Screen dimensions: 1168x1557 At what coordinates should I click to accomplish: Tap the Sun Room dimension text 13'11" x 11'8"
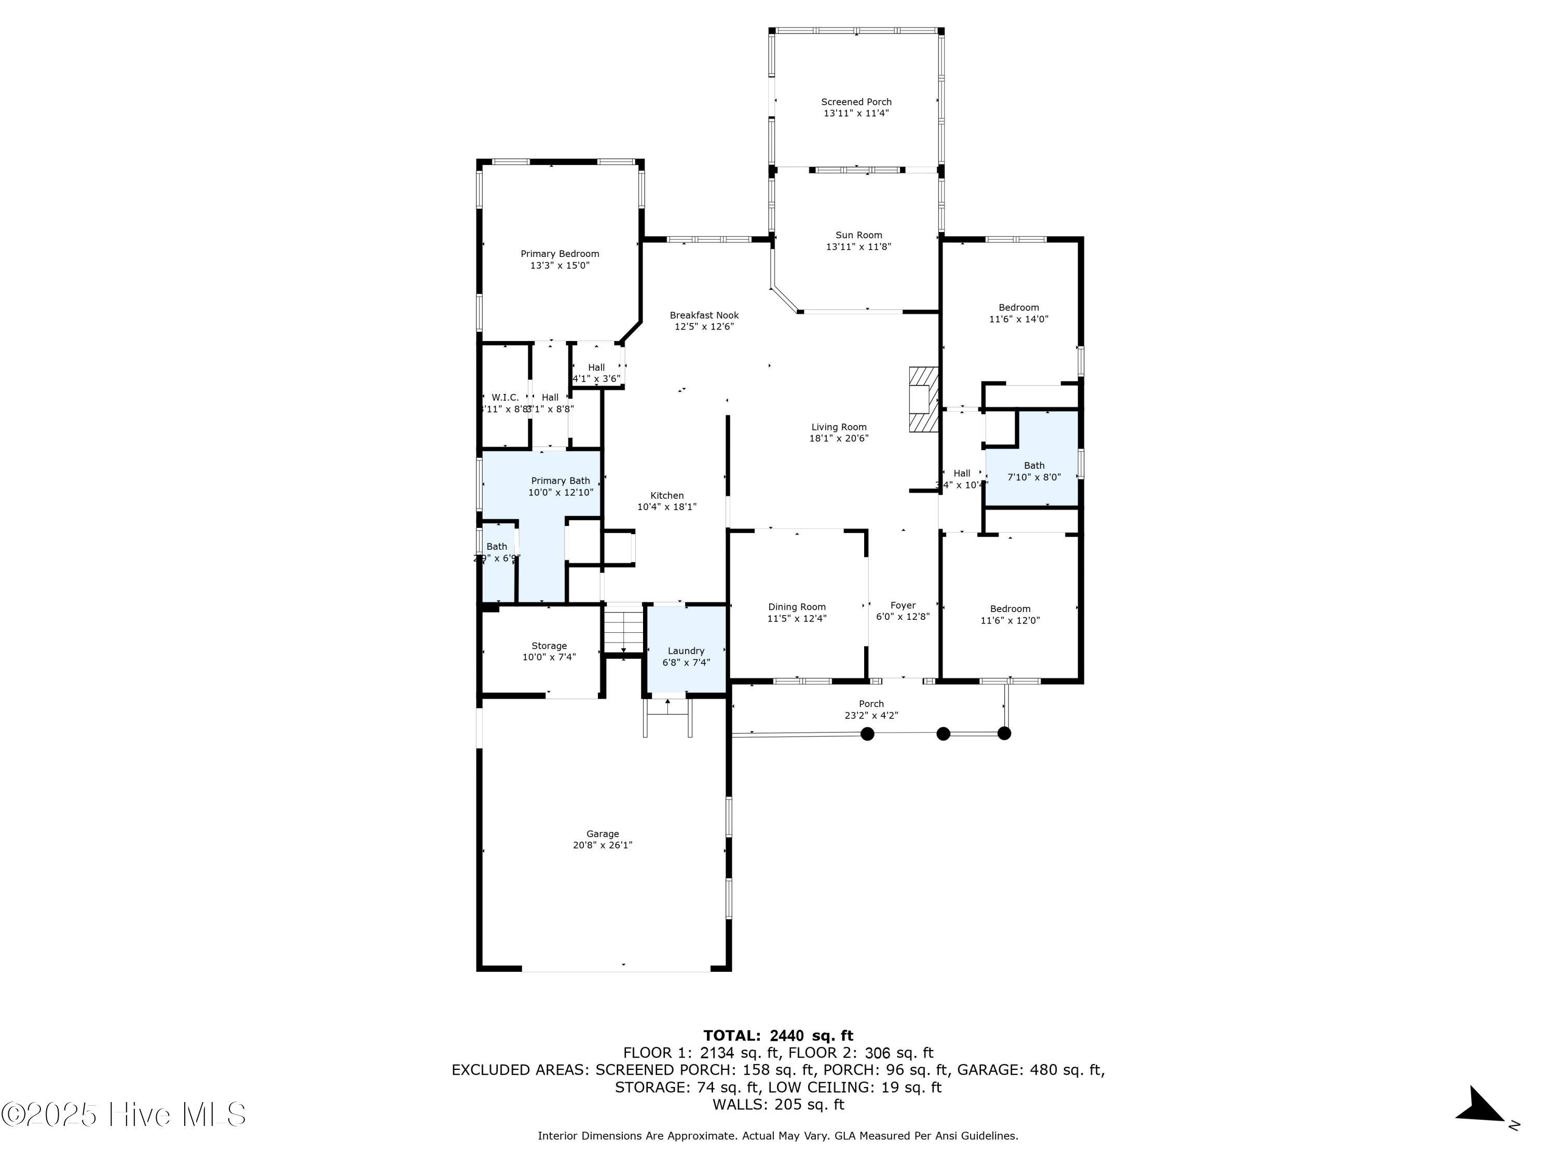[859, 247]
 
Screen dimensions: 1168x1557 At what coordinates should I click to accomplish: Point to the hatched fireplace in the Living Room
[923, 399]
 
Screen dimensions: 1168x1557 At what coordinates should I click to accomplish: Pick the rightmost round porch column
[1004, 734]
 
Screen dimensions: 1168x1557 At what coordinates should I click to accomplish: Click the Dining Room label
[797, 607]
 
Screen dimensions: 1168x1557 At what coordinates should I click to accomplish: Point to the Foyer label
[903, 605]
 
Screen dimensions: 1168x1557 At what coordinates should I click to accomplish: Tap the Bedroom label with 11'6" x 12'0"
[1010, 609]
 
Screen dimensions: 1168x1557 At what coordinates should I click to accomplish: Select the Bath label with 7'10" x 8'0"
[1034, 465]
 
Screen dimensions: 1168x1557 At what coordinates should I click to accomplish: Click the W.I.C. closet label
[506, 398]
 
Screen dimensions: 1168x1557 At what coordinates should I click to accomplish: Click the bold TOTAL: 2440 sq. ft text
[778, 1036]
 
